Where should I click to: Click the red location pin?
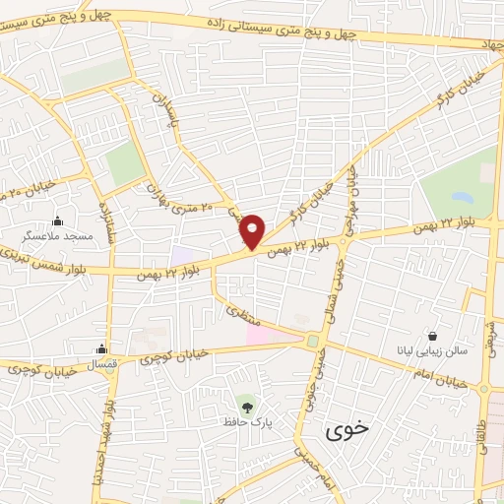coord(253,229)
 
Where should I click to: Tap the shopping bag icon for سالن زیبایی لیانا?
coord(432,335)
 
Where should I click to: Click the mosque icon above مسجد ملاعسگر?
coord(57,220)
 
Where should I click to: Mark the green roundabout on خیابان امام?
coord(313,342)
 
